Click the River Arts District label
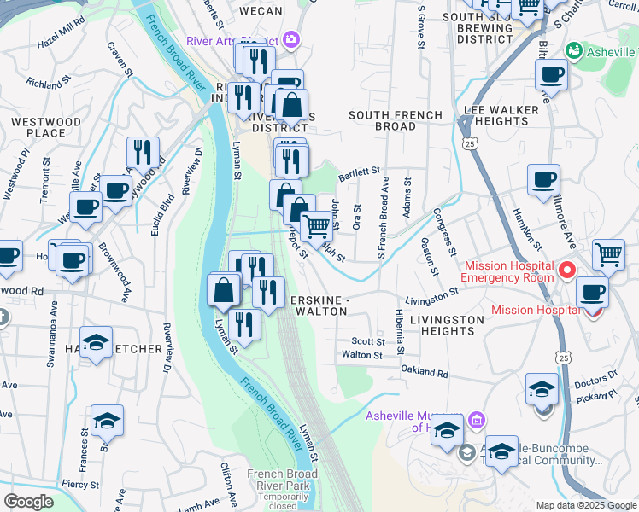click(x=232, y=41)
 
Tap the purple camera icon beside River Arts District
click(x=293, y=40)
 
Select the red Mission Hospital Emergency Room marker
click(x=566, y=271)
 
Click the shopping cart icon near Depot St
click(x=316, y=226)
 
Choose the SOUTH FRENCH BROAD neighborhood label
click(x=396, y=120)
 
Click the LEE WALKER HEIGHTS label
click(x=501, y=115)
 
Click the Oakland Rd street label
click(x=425, y=373)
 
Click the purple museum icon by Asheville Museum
click(x=477, y=421)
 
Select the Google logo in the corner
click(x=28, y=502)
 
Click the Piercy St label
click(x=80, y=484)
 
